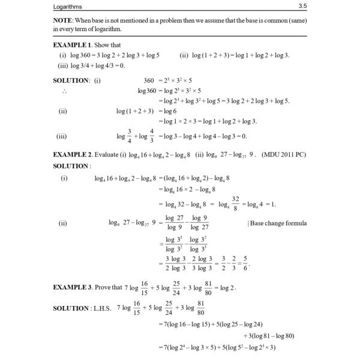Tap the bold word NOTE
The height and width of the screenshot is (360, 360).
64,22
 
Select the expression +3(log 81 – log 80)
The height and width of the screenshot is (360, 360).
275,335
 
